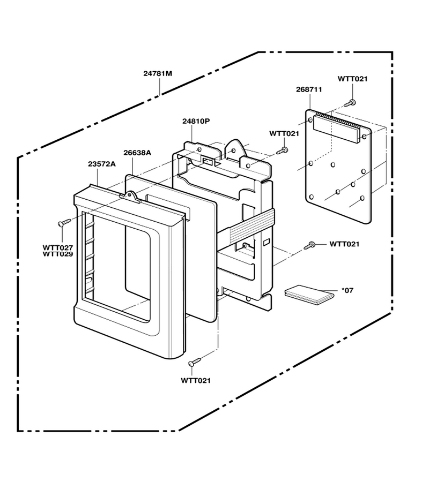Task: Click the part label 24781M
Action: click(158, 73)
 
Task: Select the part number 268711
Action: click(309, 89)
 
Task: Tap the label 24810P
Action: click(196, 121)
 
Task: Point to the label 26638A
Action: click(137, 153)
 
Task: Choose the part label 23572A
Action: click(102, 164)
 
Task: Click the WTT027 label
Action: click(58, 247)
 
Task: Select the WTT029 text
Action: click(58, 254)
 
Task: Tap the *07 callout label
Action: click(347, 290)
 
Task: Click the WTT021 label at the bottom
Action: click(196, 381)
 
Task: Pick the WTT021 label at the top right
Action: click(353, 79)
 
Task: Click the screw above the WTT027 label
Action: click(64, 222)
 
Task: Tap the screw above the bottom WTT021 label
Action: click(195, 361)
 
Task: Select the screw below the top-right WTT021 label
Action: click(350, 103)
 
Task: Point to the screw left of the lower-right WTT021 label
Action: click(310, 246)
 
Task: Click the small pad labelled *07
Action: click(309, 292)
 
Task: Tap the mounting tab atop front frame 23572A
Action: click(130, 197)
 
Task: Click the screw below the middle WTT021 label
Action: click(282, 150)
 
